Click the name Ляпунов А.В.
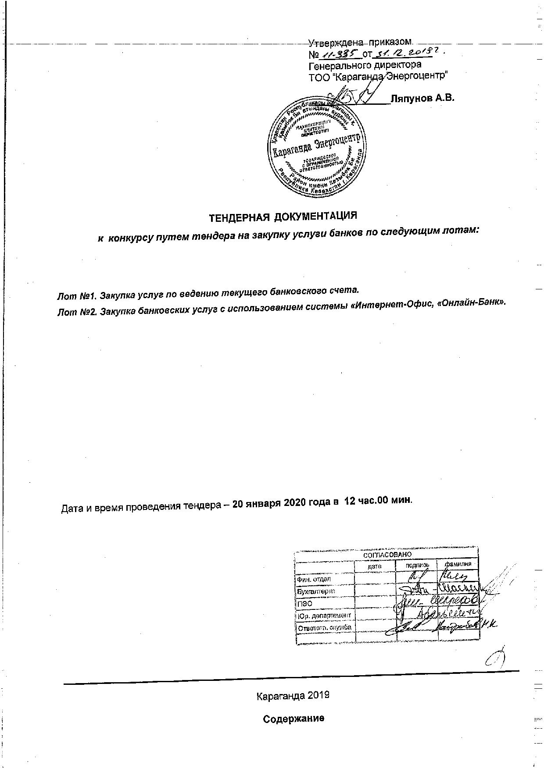point(422,98)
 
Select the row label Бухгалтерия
point(316,591)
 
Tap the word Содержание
point(293,719)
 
